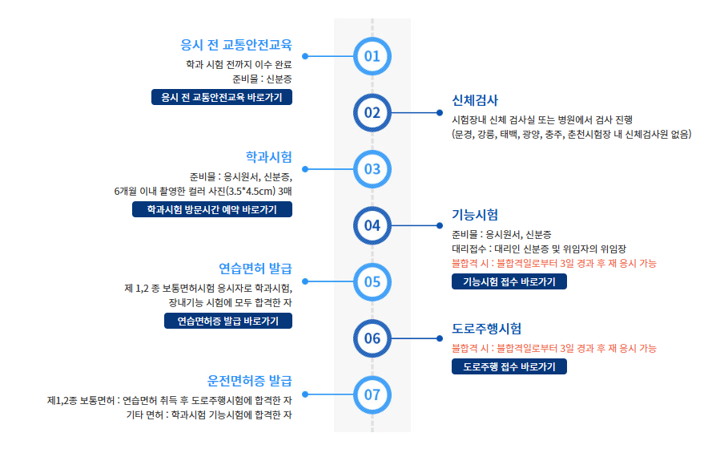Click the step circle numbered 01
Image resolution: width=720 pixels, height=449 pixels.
372,56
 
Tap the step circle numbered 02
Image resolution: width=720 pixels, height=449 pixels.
372,112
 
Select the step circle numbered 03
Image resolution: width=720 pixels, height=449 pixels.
372,169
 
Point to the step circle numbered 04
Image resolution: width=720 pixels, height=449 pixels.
372,225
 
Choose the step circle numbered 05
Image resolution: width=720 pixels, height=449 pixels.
372,281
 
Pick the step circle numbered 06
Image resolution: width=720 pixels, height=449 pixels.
372,338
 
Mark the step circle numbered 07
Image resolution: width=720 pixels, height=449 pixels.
372,394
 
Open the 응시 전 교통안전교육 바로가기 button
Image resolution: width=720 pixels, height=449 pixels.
222,97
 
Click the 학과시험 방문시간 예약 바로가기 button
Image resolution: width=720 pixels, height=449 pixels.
212,209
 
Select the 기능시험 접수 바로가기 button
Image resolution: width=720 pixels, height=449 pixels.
509,281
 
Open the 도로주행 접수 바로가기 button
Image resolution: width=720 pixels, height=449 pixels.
509,366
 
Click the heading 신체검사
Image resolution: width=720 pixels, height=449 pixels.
475,100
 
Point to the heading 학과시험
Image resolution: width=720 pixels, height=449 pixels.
268,156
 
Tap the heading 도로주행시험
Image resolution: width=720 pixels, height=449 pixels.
487,329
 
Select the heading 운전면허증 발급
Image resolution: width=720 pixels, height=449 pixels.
249,380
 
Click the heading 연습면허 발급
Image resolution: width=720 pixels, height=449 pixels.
255,268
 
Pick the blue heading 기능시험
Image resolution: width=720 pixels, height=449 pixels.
475,214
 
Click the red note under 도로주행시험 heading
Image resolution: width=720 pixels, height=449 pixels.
554,348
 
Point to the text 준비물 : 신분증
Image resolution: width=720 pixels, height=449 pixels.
262,79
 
